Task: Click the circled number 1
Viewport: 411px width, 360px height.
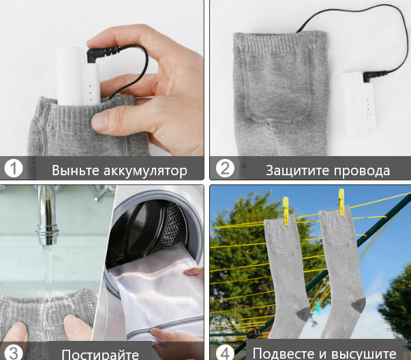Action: tap(14, 168)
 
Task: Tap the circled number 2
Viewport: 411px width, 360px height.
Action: tap(225, 168)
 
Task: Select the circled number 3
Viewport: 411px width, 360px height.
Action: tap(14, 352)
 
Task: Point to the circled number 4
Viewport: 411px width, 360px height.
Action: tap(225, 353)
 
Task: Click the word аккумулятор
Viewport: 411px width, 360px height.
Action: tap(145, 171)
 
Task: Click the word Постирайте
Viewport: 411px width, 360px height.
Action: tap(100, 355)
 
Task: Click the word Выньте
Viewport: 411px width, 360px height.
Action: tap(76, 170)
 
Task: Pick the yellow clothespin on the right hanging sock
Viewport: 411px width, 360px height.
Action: tap(341, 202)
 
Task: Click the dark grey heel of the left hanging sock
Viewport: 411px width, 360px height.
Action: tap(303, 314)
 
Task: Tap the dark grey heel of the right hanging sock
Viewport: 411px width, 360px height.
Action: tap(359, 305)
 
